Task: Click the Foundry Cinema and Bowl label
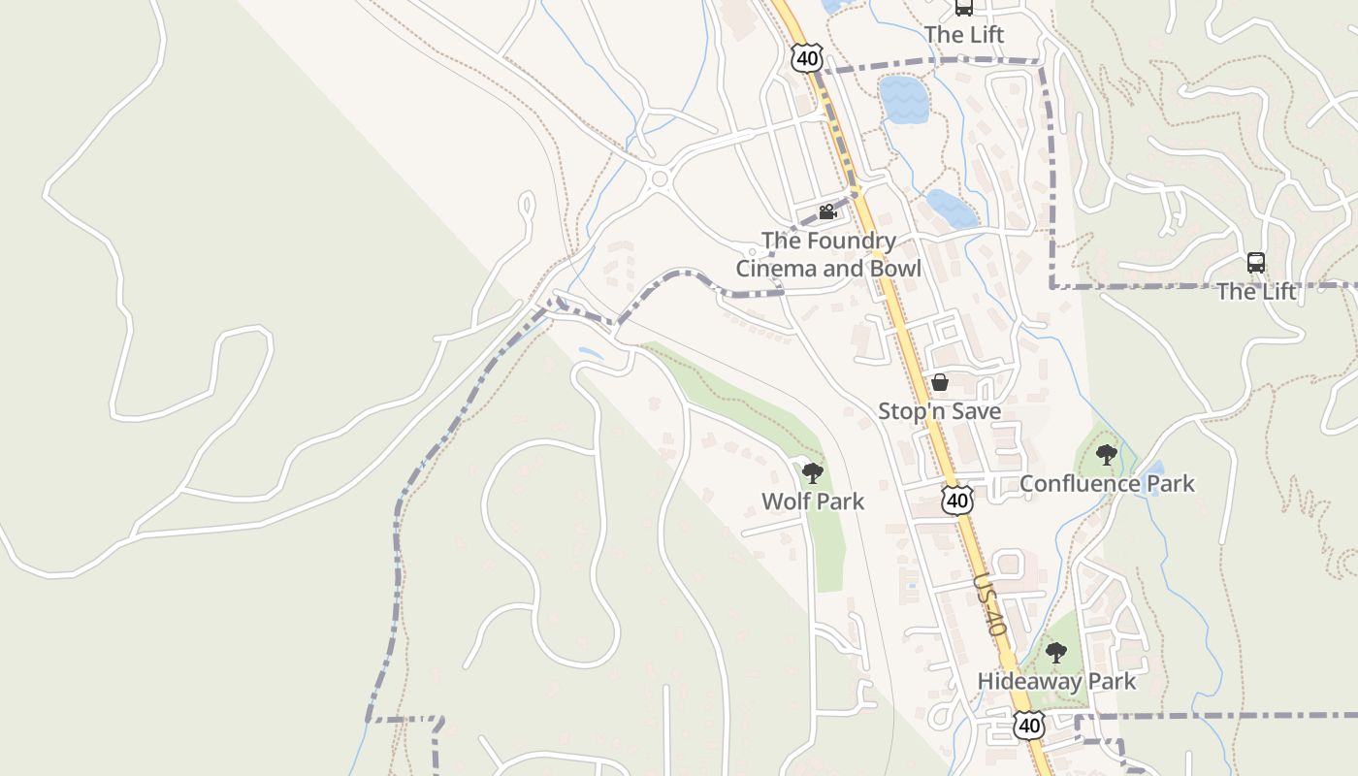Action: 827,254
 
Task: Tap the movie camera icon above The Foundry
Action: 827,211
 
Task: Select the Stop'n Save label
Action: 939,411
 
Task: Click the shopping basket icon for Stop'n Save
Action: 939,382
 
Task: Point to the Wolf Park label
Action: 813,501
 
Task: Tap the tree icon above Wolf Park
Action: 813,473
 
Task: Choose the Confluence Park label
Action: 1107,483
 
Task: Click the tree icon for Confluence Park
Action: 1106,454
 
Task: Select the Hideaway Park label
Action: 1056,681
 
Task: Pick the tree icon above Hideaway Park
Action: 1056,653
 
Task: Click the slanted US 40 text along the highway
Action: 990,603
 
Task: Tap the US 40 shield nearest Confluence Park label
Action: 957,500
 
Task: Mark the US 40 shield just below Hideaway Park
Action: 1029,724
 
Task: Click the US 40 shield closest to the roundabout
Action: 806,57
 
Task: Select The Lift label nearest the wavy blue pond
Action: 963,35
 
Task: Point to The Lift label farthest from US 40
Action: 1256,291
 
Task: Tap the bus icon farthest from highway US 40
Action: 1256,263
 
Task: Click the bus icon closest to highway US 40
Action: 963,8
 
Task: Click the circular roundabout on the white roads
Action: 661,178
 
